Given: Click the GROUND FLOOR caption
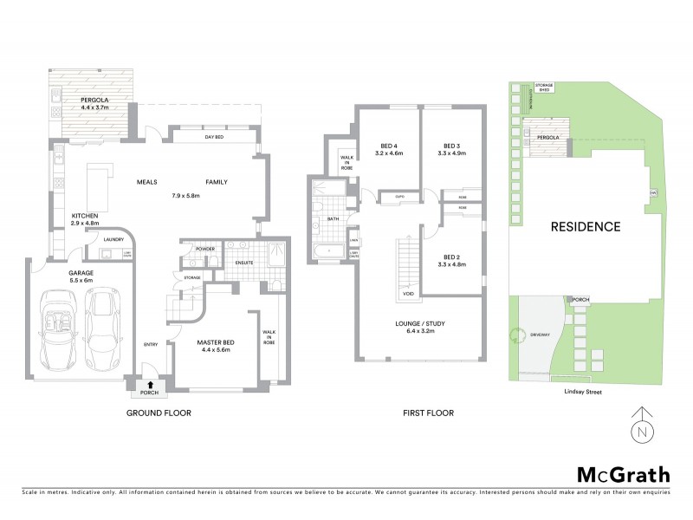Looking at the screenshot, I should [159, 413].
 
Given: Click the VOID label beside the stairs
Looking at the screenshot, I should [408, 293].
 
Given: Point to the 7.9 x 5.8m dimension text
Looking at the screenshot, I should [186, 197].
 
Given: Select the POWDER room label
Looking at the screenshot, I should [206, 249].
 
